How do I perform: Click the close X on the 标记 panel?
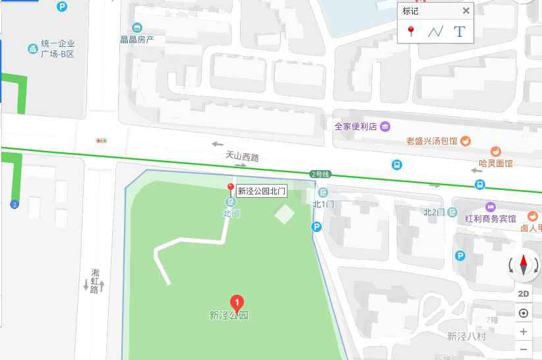(466, 11)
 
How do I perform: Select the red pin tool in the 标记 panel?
(411, 31)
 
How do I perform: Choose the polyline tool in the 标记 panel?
(435, 31)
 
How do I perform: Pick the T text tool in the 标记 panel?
(460, 31)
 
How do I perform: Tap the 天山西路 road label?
(242, 157)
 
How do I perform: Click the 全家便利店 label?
(355, 126)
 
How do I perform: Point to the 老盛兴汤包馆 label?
(432, 140)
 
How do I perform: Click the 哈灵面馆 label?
(495, 163)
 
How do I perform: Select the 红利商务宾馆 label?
(490, 218)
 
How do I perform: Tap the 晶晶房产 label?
(137, 39)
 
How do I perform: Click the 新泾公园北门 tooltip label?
(262, 191)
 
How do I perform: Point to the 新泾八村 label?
(466, 336)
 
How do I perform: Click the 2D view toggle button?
(524, 294)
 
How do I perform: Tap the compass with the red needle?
(524, 265)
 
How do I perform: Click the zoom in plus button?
(524, 332)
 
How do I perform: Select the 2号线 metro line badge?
(320, 174)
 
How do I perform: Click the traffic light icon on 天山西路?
(102, 140)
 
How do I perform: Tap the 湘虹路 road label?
(94, 281)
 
